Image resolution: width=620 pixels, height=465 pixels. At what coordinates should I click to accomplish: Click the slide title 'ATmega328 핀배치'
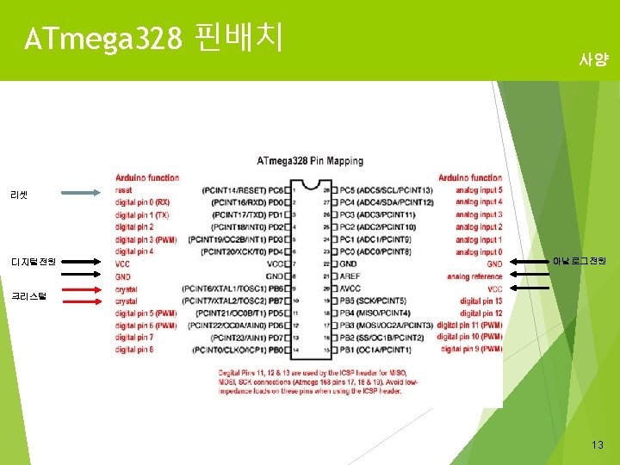pos(155,38)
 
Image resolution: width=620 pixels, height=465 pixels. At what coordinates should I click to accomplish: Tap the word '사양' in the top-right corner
pos(593,61)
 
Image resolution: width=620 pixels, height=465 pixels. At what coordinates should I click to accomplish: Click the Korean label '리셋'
pos(20,195)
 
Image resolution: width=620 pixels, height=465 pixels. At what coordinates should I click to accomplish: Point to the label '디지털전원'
pos(34,261)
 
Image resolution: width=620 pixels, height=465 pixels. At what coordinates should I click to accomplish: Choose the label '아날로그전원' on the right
pos(580,260)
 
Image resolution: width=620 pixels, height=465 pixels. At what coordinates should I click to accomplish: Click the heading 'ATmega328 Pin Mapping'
pos(310,160)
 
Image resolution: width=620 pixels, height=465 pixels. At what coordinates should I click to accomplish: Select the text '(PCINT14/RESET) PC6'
pos(244,189)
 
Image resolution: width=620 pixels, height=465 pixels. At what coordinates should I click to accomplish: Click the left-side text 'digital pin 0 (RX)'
pos(143,201)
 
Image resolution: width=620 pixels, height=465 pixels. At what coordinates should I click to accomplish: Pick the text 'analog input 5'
pos(479,189)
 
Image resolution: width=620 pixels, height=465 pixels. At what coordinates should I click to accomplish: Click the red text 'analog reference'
pos(474,276)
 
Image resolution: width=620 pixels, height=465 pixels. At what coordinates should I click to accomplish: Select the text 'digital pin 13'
pos(480,301)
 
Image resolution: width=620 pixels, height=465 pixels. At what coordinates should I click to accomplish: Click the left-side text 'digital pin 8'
pos(134,350)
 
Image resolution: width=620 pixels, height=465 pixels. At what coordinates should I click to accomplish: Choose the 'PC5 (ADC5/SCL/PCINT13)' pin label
pos(386,189)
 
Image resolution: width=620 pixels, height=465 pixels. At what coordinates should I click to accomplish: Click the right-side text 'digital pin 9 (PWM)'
pos(471,350)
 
